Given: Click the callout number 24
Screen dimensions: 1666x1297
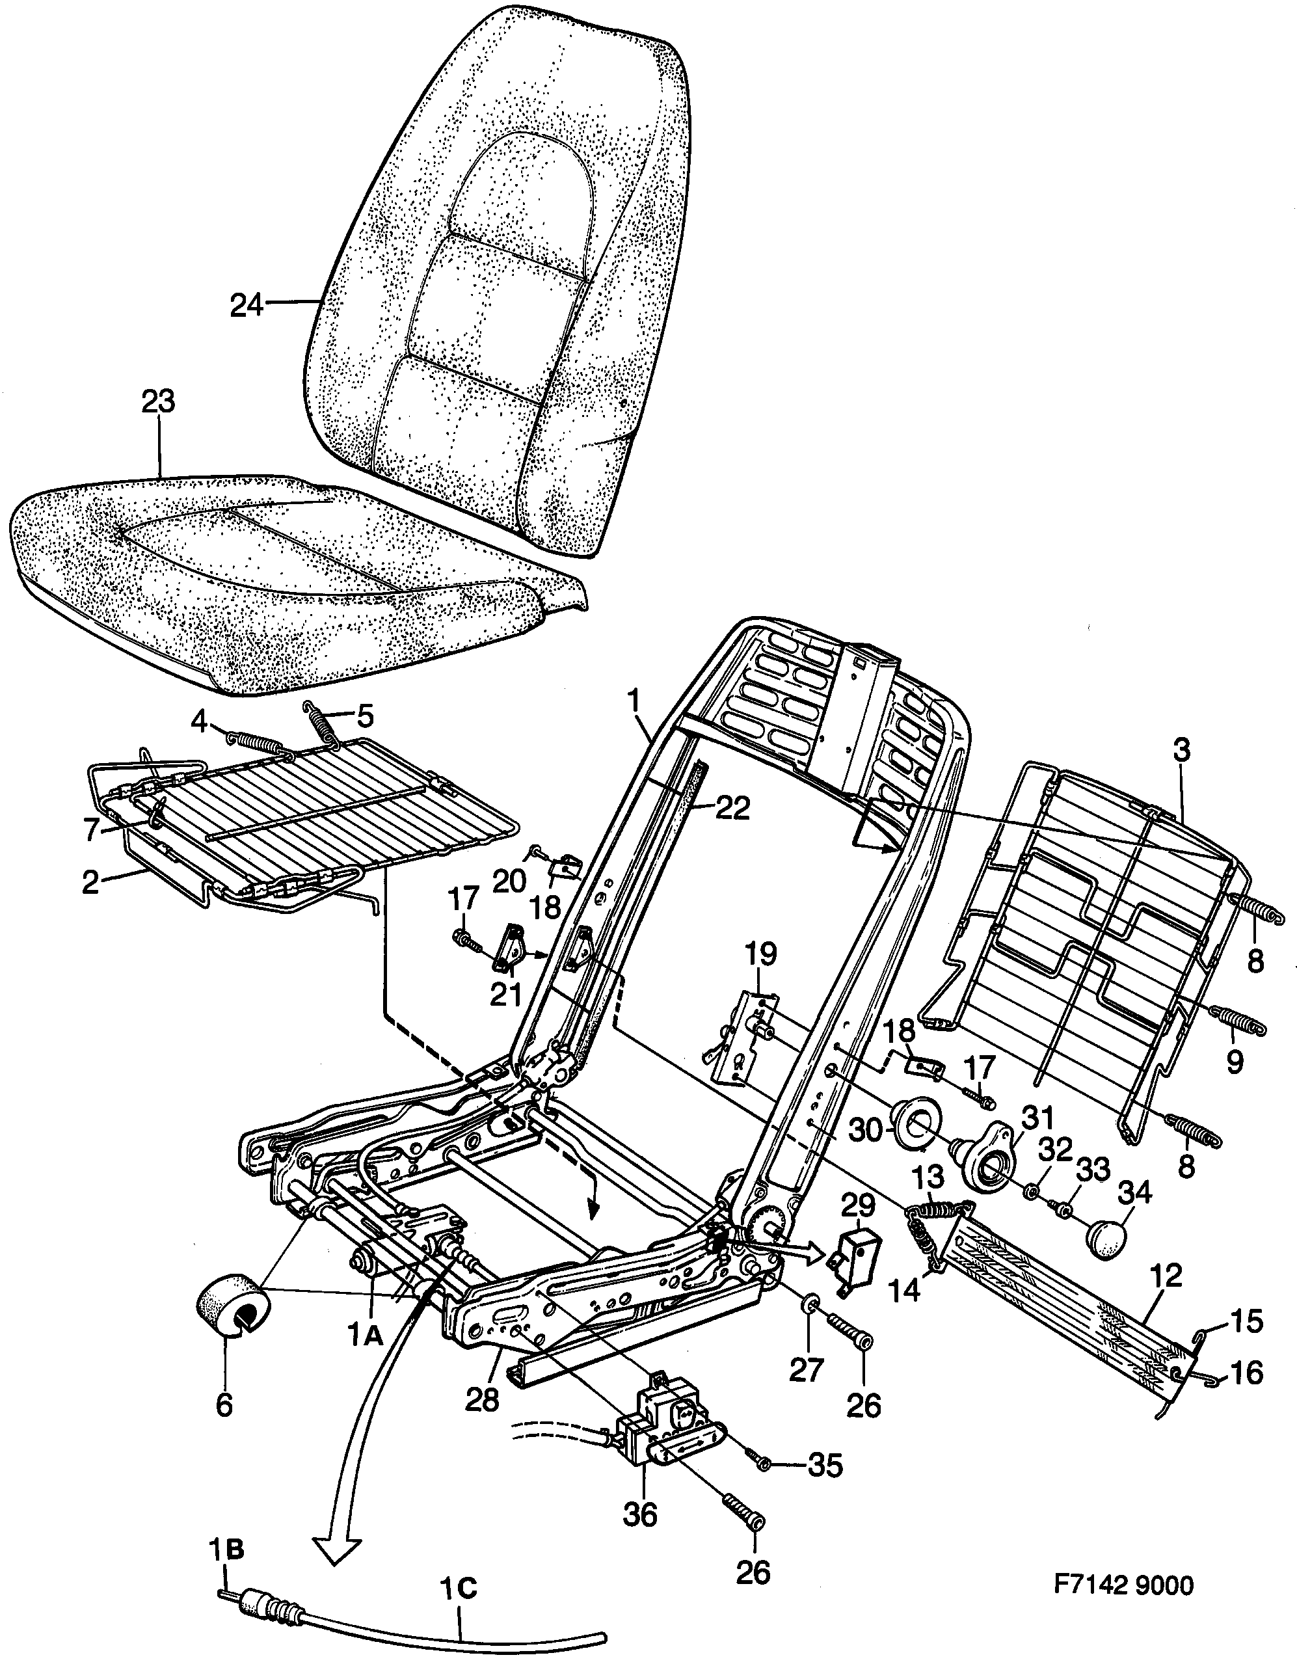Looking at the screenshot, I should click(x=247, y=306).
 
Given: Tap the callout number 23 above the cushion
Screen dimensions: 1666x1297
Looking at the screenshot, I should click(x=158, y=402).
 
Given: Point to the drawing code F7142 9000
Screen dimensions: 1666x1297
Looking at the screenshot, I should click(x=1123, y=1585).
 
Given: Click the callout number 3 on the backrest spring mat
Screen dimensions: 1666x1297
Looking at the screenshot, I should click(x=1181, y=750).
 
